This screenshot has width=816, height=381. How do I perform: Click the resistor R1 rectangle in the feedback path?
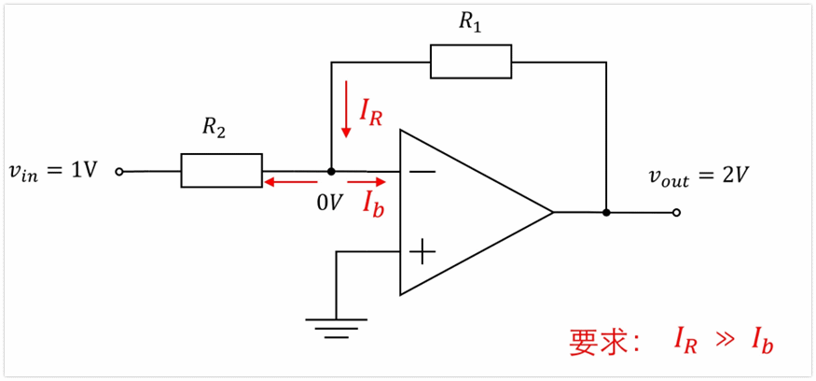click(470, 62)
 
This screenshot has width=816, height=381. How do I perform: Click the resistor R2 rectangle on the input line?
click(221, 171)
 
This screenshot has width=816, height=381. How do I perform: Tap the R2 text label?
click(214, 130)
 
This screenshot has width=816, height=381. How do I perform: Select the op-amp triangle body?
click(466, 212)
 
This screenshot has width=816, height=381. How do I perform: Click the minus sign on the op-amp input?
click(422, 172)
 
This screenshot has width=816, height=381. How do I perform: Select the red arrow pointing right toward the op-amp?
click(366, 182)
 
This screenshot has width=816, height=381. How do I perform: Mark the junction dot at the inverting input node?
click(331, 172)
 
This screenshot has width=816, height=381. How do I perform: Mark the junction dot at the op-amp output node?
click(606, 212)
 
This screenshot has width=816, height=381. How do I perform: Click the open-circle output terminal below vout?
click(676, 212)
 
